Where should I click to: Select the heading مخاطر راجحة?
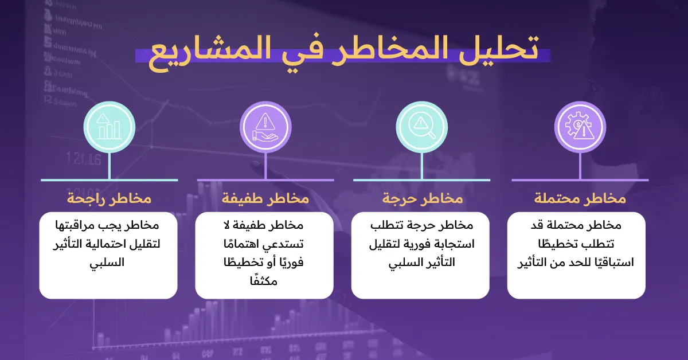(x=109, y=199)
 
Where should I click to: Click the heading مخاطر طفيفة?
(x=265, y=199)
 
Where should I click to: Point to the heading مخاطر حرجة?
(x=422, y=199)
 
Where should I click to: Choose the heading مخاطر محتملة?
(x=580, y=199)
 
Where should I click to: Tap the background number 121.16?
(x=84, y=159)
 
